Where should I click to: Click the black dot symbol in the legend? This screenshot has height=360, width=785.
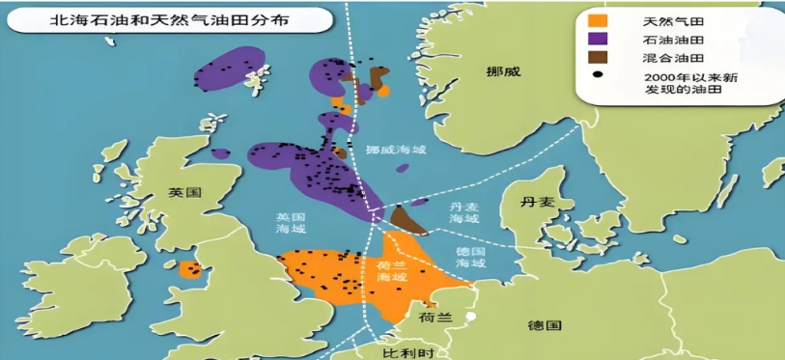coord(599,74)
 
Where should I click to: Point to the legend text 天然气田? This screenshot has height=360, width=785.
coord(665,21)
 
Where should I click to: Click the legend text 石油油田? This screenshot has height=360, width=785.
coord(665,40)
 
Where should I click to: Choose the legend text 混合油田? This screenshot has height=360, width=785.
coord(665,57)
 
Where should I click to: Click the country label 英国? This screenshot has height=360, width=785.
coord(183,192)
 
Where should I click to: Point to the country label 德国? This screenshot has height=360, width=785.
coord(544,325)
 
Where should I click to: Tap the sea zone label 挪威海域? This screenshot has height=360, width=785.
coord(395,150)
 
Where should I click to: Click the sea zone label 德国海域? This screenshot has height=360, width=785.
coord(470,257)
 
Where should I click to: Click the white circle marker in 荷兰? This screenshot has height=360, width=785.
coord(470,316)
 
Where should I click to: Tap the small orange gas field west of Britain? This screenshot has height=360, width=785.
coord(191,269)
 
